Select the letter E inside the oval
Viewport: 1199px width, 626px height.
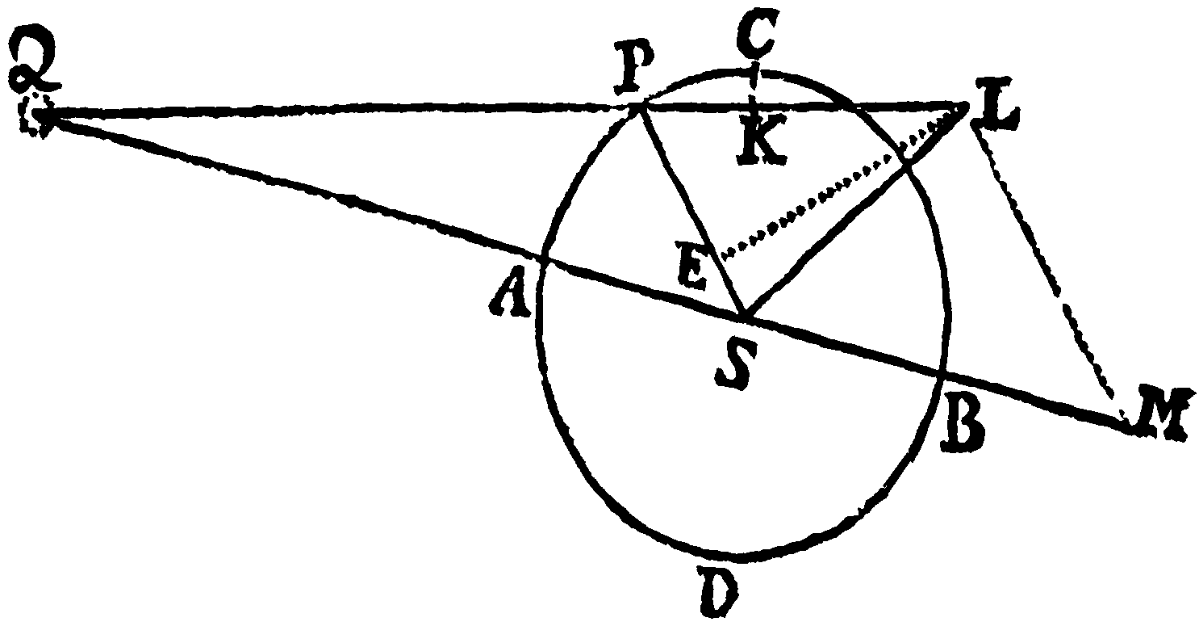coord(692,265)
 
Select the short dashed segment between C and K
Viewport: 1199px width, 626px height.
coord(754,86)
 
